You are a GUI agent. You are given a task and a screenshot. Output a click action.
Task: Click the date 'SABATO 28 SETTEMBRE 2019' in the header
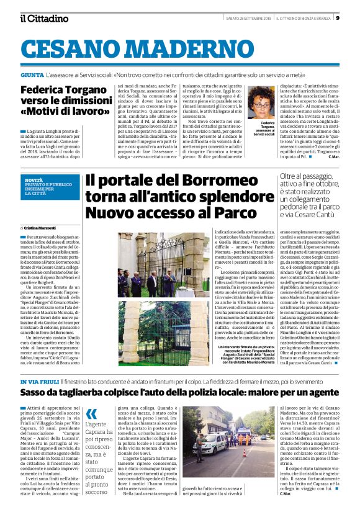tap(245, 17)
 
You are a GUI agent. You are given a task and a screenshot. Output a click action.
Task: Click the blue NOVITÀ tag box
tap(49, 187)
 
